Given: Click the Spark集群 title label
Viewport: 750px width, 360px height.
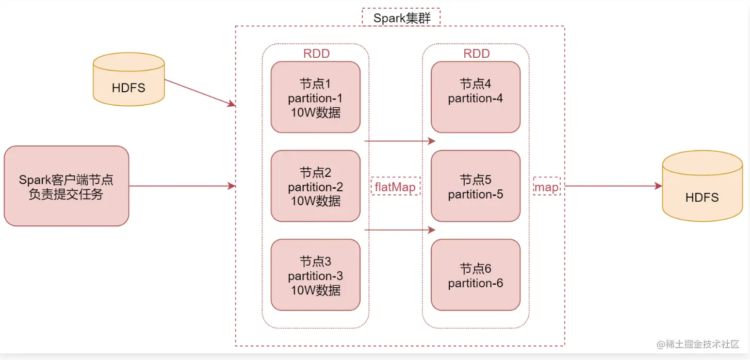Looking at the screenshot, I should coord(401,18).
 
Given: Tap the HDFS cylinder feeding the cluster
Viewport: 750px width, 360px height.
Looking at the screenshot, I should coord(128,80).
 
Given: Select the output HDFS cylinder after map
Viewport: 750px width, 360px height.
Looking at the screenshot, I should coord(702,187).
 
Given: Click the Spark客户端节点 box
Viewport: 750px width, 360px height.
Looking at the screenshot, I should coord(66,186).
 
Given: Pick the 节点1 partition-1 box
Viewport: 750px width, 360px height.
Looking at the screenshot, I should coord(315,97).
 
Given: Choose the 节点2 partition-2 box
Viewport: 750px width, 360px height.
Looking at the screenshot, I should coord(315,186).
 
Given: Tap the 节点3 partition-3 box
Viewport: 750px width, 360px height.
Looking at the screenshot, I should coord(315,275).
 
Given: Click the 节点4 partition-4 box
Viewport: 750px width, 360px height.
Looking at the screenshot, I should coord(476,97).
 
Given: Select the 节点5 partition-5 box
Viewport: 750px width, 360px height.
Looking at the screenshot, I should coord(476,186).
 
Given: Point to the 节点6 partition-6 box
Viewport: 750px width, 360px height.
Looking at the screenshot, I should coord(476,275).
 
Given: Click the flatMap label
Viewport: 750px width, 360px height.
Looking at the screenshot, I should coord(395,187).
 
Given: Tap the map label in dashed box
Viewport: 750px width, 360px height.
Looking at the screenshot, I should coord(546,187).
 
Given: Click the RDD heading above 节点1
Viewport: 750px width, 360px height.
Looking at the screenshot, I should coord(316,54).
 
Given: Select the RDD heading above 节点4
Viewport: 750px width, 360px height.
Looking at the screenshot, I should coord(476,54).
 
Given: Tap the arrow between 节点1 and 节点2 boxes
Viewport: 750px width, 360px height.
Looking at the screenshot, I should coord(400,140).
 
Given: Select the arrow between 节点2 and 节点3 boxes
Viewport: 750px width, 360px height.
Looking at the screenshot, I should coord(400,230).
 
